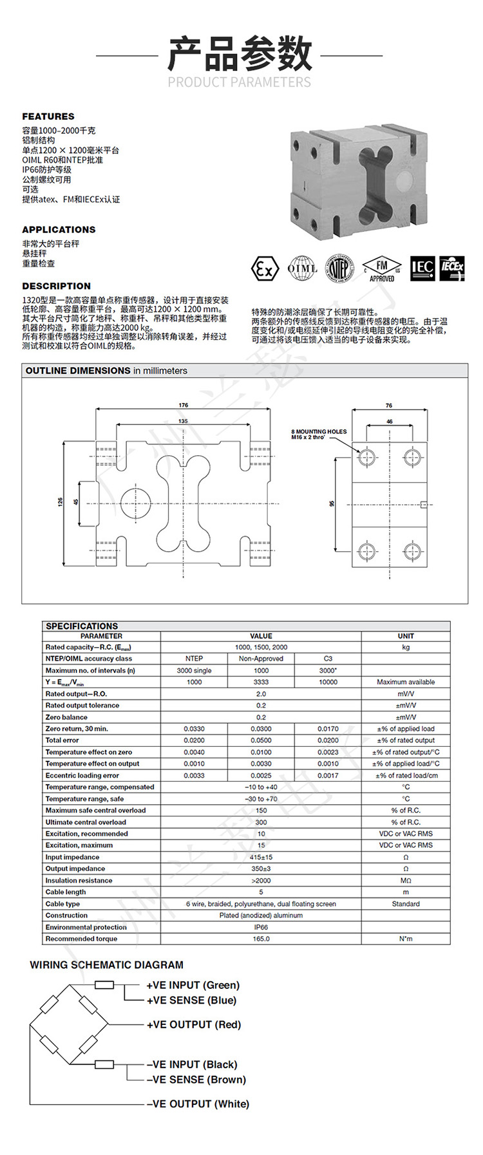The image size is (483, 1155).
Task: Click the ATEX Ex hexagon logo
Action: (264, 268)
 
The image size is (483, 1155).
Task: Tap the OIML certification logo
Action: (301, 268)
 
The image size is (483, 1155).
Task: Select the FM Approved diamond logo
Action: (382, 268)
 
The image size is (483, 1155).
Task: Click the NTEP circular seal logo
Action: (339, 268)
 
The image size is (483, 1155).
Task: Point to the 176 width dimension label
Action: (184, 405)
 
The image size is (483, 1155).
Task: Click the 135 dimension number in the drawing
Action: (184, 421)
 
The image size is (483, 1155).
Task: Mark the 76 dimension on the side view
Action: (389, 406)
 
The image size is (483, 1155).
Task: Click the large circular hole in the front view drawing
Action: (135, 503)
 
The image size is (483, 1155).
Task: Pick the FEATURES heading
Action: (48, 117)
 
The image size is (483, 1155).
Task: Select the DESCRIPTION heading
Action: (57, 286)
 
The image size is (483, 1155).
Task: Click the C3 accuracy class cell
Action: (328, 659)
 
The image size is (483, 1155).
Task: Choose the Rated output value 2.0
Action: (261, 694)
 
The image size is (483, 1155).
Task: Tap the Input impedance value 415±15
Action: (261, 857)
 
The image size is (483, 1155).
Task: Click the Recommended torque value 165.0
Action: (261, 939)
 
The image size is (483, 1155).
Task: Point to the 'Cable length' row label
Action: (66, 892)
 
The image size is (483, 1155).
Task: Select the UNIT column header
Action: (406, 636)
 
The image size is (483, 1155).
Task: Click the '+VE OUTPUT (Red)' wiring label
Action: (194, 1025)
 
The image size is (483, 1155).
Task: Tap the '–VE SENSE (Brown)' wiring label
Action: (196, 1080)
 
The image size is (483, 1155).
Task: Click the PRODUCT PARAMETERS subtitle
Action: (240, 82)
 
